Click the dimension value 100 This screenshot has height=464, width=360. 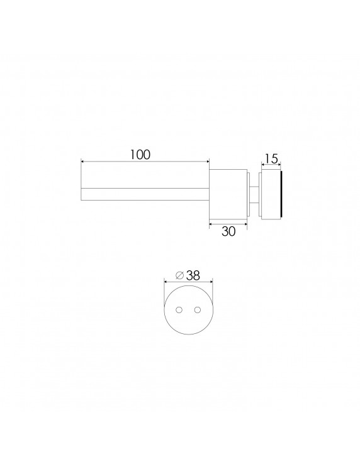(140, 155)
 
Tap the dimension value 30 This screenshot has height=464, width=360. (228, 231)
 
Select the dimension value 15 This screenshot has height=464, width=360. (271, 159)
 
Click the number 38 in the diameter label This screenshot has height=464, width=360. (193, 276)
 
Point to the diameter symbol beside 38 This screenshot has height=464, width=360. (180, 275)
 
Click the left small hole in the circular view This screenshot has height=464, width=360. (179, 309)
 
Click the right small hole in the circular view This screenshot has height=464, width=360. (198, 309)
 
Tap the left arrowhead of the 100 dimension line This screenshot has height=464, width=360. (83, 162)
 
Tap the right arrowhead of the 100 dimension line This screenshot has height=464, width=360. (208, 162)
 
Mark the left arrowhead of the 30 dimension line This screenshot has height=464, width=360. (211, 224)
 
